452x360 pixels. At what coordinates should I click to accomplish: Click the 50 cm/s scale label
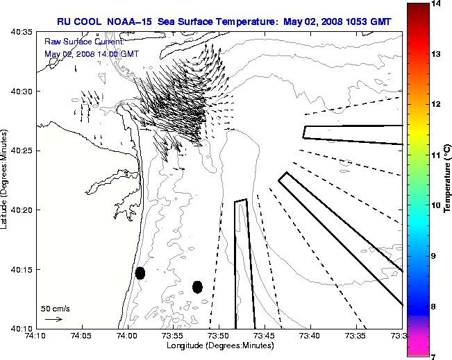(x=56, y=308)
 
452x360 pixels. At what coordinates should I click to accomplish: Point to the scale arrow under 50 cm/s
(x=53, y=319)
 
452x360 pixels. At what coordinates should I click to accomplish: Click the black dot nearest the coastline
(x=140, y=273)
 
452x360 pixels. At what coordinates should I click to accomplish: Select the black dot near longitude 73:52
(x=197, y=286)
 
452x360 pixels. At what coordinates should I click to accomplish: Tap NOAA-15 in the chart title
(x=133, y=22)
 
